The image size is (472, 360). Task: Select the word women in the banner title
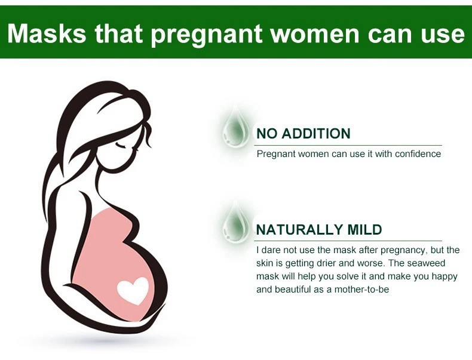[314, 33]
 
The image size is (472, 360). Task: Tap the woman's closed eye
[121, 145]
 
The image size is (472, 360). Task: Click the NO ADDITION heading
[304, 134]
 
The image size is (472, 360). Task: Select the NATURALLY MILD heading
[319, 229]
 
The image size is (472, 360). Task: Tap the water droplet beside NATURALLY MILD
[235, 223]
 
